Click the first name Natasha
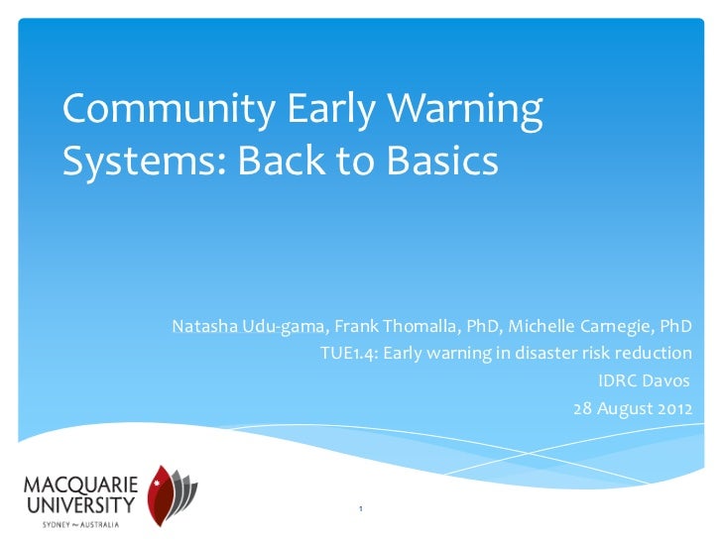point(202,326)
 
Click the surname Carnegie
point(618,326)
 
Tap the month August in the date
point(625,408)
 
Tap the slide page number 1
point(361,510)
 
